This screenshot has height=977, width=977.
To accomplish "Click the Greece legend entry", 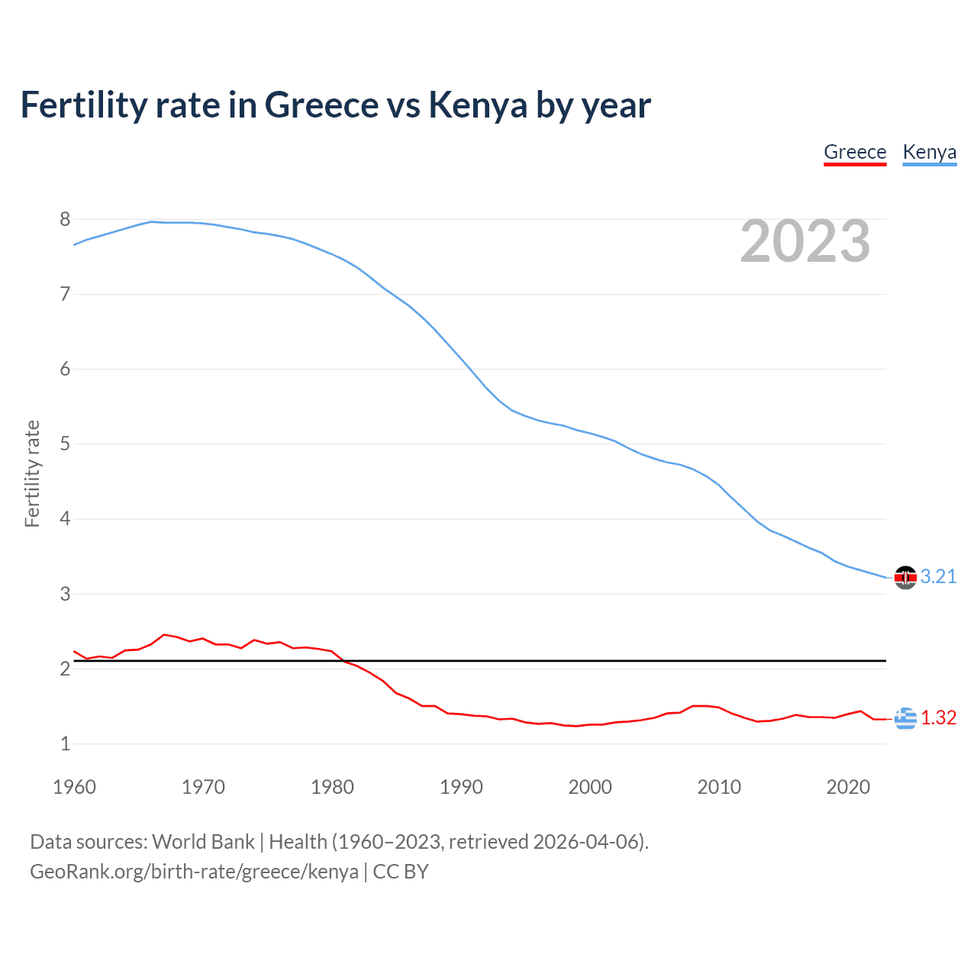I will (x=855, y=152).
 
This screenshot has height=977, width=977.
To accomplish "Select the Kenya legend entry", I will (x=929, y=152).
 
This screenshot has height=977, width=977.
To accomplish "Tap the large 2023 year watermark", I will (x=804, y=241).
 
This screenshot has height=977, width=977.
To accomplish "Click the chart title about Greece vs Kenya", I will (x=336, y=105).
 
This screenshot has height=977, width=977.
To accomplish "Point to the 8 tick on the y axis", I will (x=65, y=220).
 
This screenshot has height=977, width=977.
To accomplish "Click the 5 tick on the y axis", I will (x=65, y=444).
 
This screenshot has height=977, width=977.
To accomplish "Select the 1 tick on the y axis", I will (x=65, y=743).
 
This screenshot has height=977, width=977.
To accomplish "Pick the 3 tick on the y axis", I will (x=65, y=594).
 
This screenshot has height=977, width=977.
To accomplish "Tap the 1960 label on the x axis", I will (x=74, y=787).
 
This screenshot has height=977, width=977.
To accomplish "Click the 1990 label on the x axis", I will (x=461, y=787).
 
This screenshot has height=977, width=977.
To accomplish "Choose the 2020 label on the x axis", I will (x=848, y=787).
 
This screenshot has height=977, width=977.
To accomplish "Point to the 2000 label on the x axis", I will (x=590, y=787).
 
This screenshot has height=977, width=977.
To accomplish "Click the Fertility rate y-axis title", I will (x=32, y=473).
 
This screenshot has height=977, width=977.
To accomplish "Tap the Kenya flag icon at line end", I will (x=905, y=578).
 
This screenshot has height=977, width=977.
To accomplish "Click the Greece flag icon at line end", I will (x=905, y=718).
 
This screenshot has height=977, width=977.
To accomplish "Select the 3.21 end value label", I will (x=938, y=576).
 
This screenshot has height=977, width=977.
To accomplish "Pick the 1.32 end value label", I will (x=938, y=717).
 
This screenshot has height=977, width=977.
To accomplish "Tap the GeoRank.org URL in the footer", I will (x=194, y=872).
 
